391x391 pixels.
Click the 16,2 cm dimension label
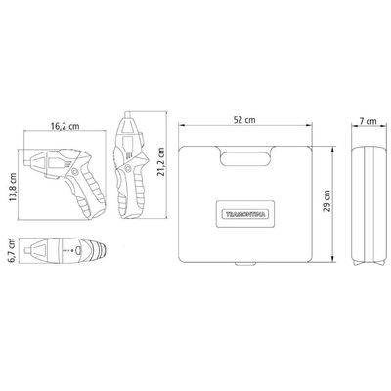pos(65,126)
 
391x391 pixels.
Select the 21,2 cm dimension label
pos(160,162)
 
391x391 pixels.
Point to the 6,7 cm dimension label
pos(13,249)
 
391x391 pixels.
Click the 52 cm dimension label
pos(244,120)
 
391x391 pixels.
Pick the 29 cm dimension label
pos(326,201)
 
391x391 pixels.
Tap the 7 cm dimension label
pos(369,121)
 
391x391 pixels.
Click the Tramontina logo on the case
pos(245,214)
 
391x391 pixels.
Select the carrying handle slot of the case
pos(245,159)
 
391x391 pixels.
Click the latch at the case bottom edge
pos(244,265)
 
